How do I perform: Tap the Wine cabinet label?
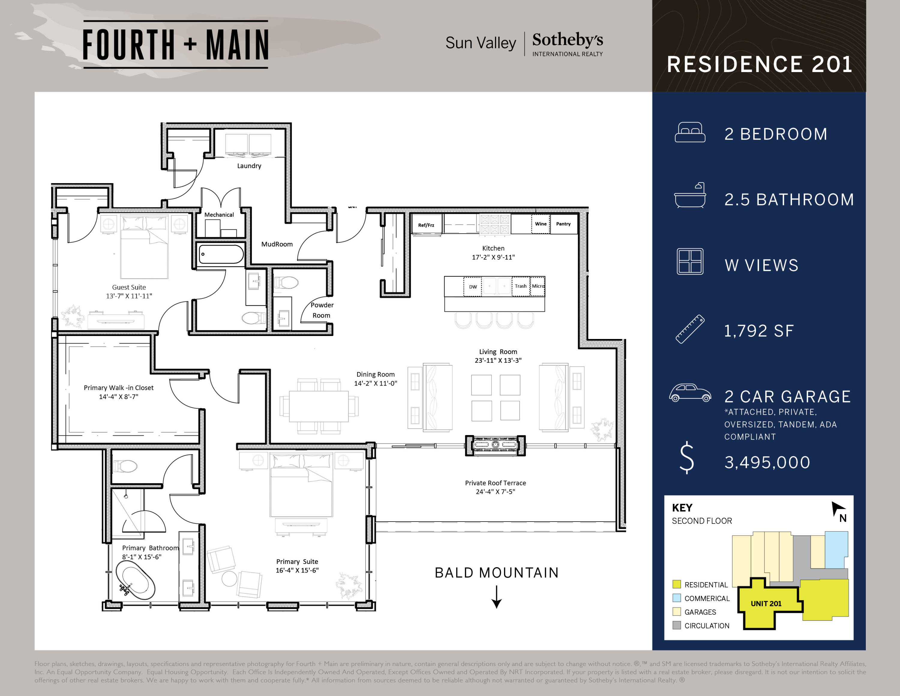coord(541,224)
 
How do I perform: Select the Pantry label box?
coord(563,224)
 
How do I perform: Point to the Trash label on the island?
coord(520,286)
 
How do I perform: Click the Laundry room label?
coord(249,166)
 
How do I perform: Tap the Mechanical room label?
coord(219,215)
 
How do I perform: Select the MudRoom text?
coord(277,244)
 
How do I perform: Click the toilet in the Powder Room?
coord(286,283)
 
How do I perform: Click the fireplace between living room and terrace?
coord(495,445)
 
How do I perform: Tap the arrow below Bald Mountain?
coord(496,598)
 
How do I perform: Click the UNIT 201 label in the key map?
coord(766,604)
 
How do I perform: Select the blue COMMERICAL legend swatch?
coord(676,598)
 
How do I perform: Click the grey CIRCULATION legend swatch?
coord(676,625)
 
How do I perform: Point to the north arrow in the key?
coord(838,510)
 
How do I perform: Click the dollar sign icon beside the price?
coord(686,458)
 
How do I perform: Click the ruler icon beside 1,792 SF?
coord(690,329)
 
